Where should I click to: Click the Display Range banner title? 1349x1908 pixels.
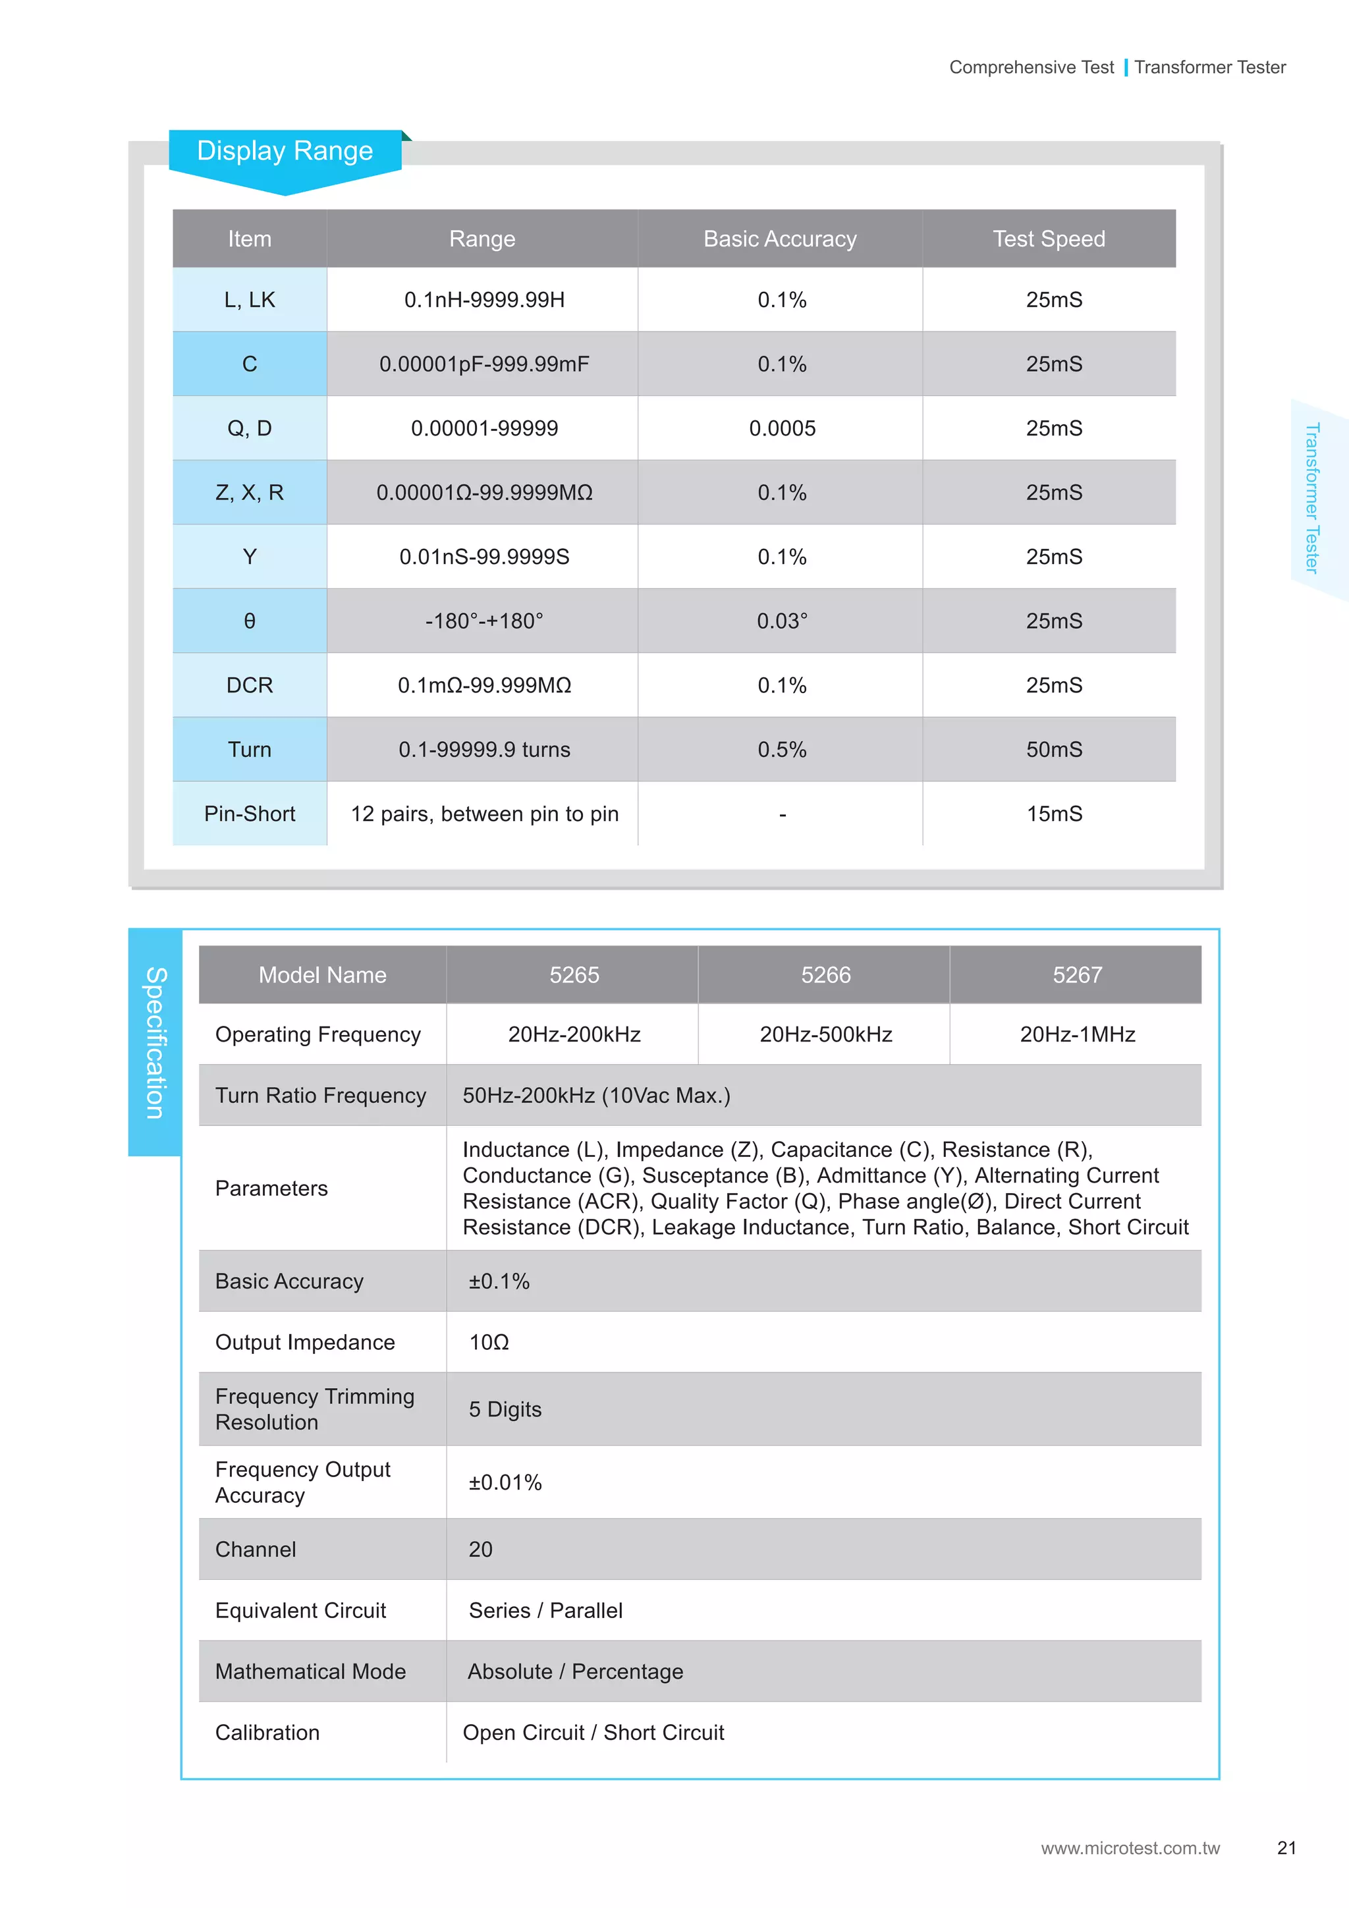pyautogui.click(x=285, y=152)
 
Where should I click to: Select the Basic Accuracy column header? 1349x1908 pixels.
pyautogui.click(x=780, y=239)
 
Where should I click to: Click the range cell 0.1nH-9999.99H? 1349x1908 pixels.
pyautogui.click(x=484, y=300)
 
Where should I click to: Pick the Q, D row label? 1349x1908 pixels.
pyautogui.click(x=249, y=429)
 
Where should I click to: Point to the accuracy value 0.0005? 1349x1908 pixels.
pyautogui.click(x=782, y=429)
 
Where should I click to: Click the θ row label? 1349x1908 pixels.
pyautogui.click(x=249, y=621)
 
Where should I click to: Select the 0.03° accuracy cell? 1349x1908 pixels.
pyautogui.click(x=782, y=621)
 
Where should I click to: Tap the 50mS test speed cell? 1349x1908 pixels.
pyautogui.click(x=1053, y=750)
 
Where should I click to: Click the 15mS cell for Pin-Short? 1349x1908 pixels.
pyautogui.click(x=1053, y=814)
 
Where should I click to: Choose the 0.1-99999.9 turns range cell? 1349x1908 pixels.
pyautogui.click(x=484, y=750)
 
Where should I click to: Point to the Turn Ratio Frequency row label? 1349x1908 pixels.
pyautogui.click(x=320, y=1096)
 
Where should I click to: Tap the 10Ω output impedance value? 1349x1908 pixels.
pyautogui.click(x=489, y=1343)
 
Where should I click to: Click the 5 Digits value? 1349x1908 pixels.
pyautogui.click(x=505, y=1410)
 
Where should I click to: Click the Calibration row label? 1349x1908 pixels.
pyautogui.click(x=267, y=1733)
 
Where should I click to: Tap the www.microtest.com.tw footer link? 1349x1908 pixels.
pyautogui.click(x=1130, y=1848)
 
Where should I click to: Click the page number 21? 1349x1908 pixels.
pyautogui.click(x=1286, y=1848)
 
